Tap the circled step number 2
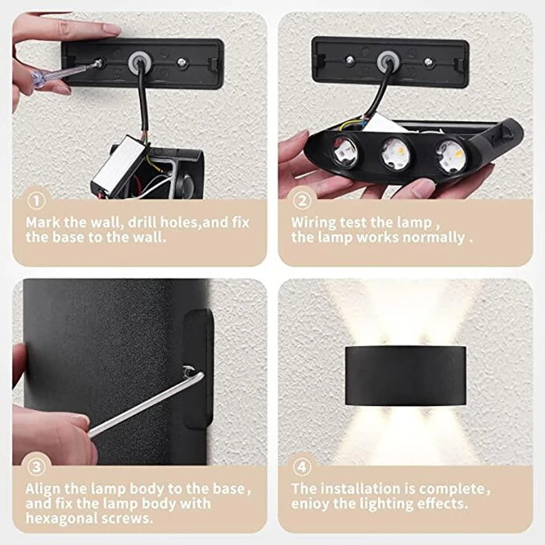click(x=302, y=202)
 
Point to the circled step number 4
click(x=302, y=467)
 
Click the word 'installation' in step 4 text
click(x=364, y=488)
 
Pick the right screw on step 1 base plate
click(x=181, y=61)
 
